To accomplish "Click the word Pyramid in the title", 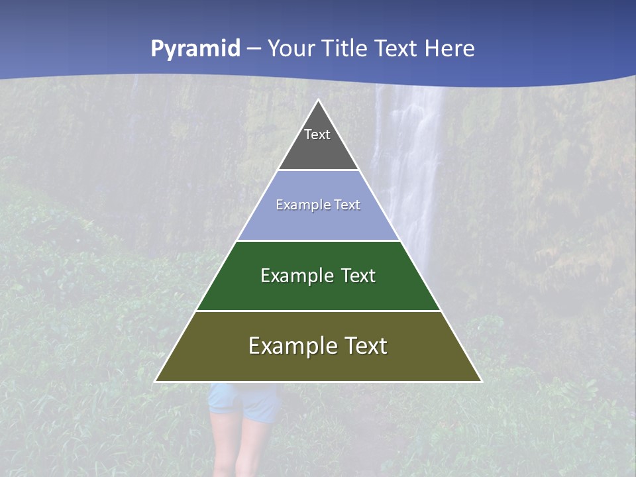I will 195,49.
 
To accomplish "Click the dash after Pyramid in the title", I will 254,49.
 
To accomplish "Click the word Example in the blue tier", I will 296,205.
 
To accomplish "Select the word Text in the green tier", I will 358,276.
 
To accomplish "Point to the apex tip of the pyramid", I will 318,101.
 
